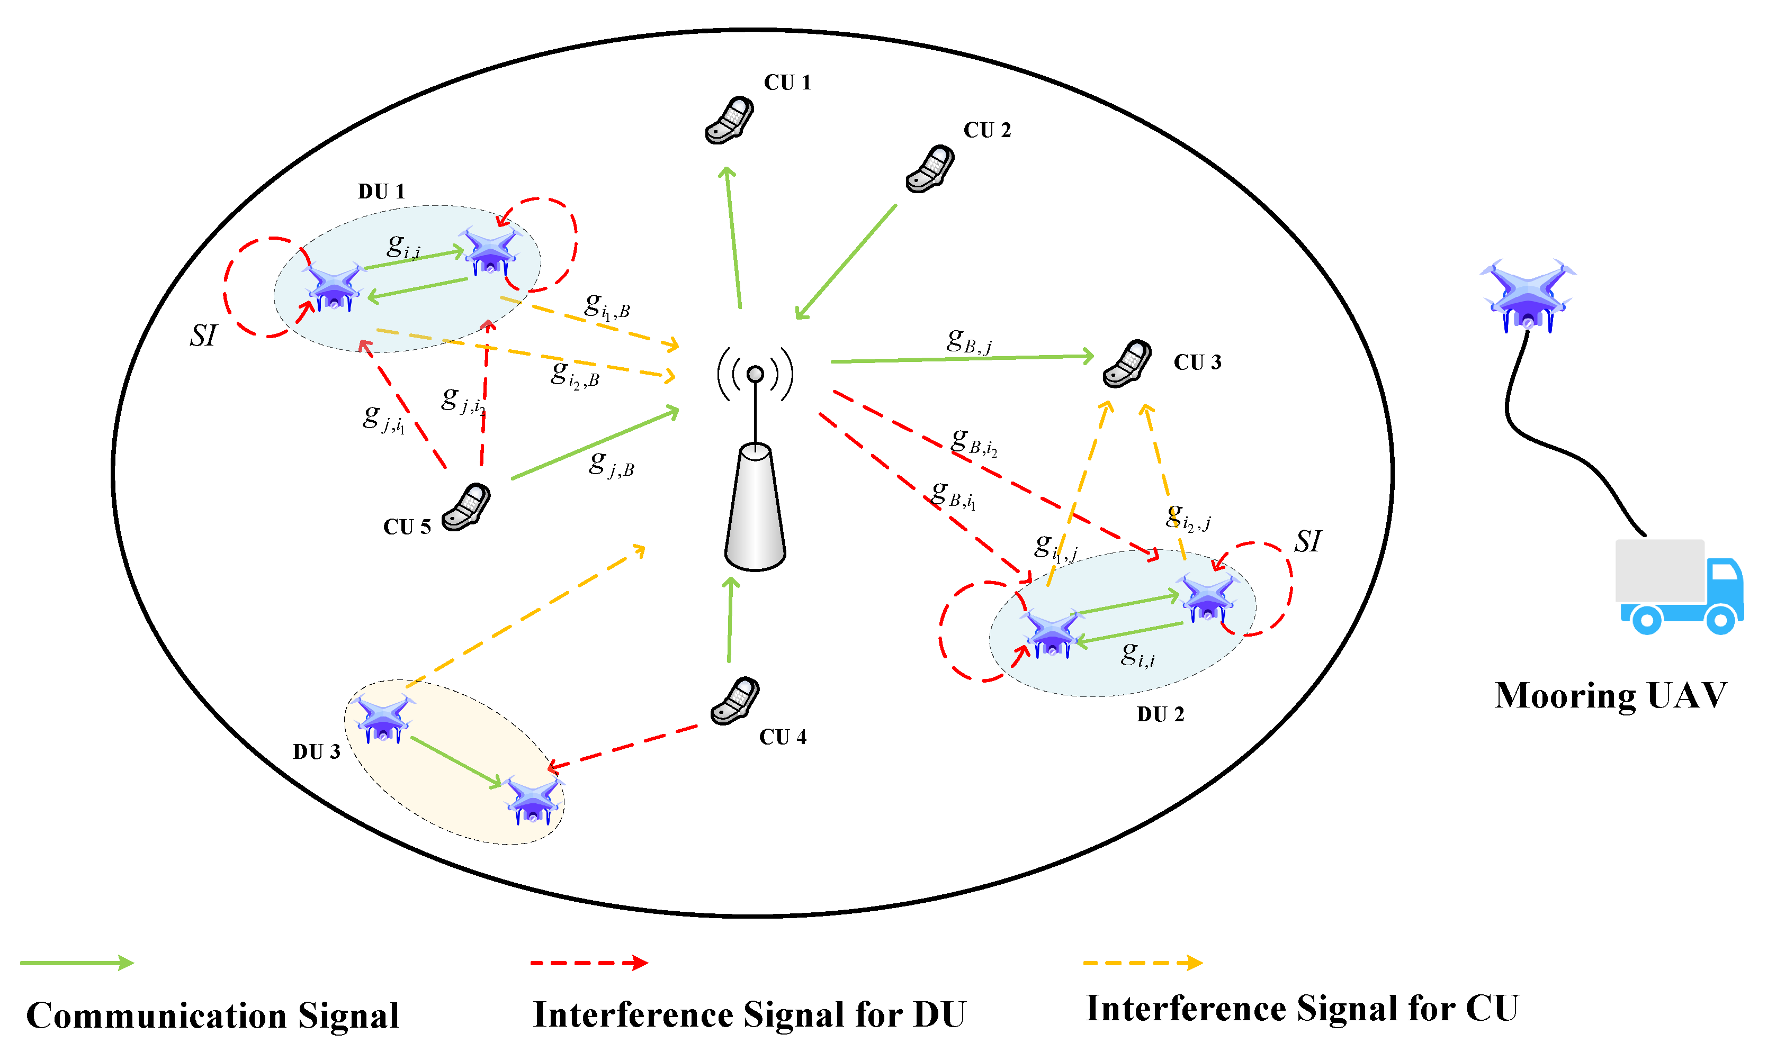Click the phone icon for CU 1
tap(729, 121)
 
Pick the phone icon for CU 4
tap(735, 701)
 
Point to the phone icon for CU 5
tap(466, 507)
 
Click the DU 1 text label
tap(381, 192)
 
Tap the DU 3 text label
tap(316, 752)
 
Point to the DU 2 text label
tap(1161, 714)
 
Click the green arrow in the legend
tap(77, 963)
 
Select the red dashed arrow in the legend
tap(589, 963)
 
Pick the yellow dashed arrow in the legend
tap(1142, 963)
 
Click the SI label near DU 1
tap(203, 335)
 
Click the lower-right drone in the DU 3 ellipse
tap(533, 801)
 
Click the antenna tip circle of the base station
tap(756, 374)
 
